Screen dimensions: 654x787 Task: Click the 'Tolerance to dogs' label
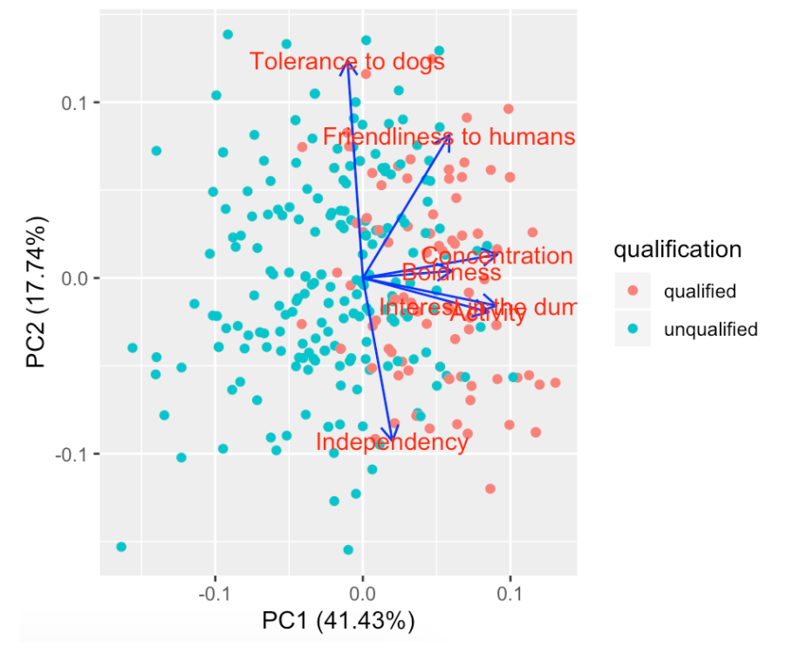coord(346,62)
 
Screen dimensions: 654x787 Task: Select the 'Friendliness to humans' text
coord(448,137)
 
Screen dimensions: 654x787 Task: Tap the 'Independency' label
coord(392,442)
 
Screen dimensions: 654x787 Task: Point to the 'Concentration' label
coord(496,256)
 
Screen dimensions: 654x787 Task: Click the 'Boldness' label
coord(451,273)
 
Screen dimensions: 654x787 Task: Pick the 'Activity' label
coord(488,314)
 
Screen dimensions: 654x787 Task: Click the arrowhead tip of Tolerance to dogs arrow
coord(347,64)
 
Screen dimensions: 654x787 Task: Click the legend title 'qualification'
coord(678,250)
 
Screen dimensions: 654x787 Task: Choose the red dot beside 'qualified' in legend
coord(633,291)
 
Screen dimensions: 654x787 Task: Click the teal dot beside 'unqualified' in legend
coord(633,330)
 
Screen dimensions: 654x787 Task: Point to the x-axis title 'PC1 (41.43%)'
coord(338,622)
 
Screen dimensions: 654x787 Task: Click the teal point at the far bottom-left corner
coord(121,547)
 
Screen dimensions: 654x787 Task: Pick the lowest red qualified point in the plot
coord(490,489)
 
